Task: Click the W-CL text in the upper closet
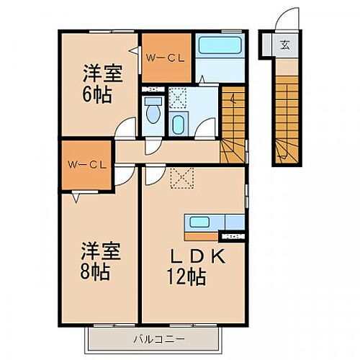tap(166, 58)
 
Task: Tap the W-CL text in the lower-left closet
tap(86, 164)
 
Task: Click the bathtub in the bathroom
tap(220, 48)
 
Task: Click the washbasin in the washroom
tap(178, 125)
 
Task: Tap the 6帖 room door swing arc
tap(127, 130)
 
